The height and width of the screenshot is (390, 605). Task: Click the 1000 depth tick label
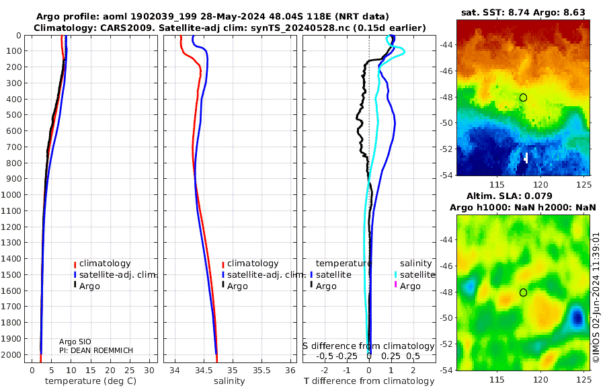pyautogui.click(x=11, y=195)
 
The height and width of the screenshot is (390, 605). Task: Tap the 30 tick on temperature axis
pyautogui.click(x=150, y=370)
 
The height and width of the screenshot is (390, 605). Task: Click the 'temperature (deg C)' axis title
pyautogui.click(x=91, y=381)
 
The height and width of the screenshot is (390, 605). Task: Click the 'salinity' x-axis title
pyautogui.click(x=229, y=381)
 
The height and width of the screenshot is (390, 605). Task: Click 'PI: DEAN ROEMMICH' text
pyautogui.click(x=95, y=350)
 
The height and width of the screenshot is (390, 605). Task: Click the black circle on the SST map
pyautogui.click(x=523, y=97)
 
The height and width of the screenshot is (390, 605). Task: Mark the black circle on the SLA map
pyautogui.click(x=523, y=292)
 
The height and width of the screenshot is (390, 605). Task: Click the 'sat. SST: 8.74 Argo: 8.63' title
pyautogui.click(x=524, y=13)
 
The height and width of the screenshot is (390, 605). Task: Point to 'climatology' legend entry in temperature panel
pyautogui.click(x=104, y=264)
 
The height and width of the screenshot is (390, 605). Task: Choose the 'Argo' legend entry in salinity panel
pyautogui.click(x=238, y=286)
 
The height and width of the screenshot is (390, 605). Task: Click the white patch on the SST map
pyautogui.click(x=526, y=157)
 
